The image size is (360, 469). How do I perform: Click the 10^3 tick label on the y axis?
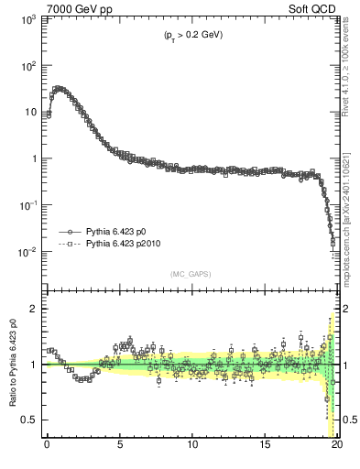coord(27,19)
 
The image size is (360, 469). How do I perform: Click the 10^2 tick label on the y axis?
coord(27,66)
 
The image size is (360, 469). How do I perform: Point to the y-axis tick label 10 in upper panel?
coord(29,113)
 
